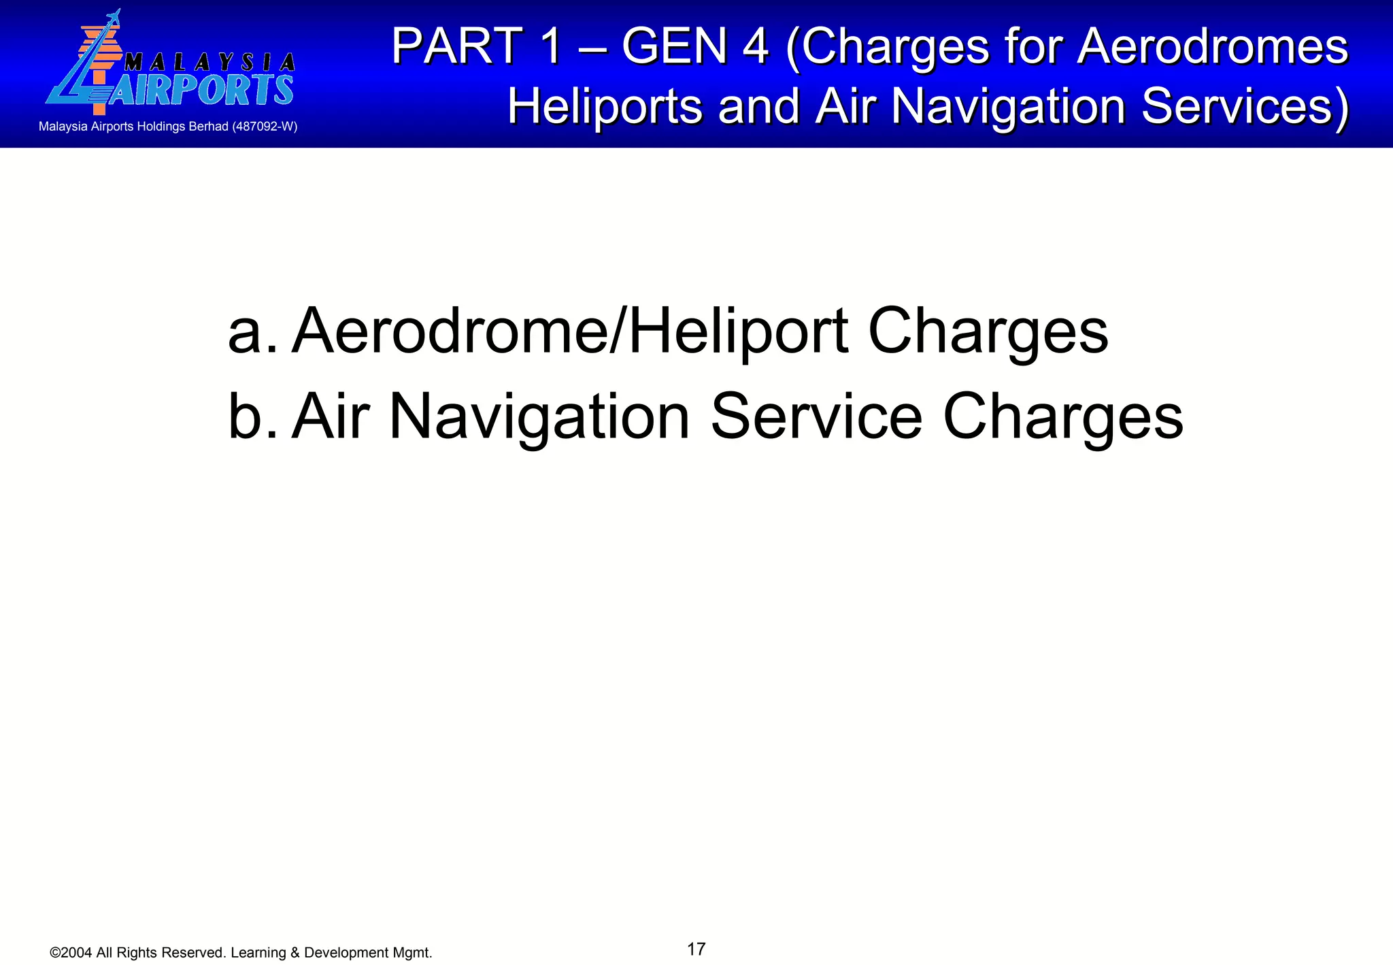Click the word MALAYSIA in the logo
pyautogui.click(x=209, y=63)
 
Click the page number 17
pyautogui.click(x=696, y=949)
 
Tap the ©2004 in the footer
pyautogui.click(x=71, y=953)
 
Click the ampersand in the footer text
pyautogui.click(x=295, y=953)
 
